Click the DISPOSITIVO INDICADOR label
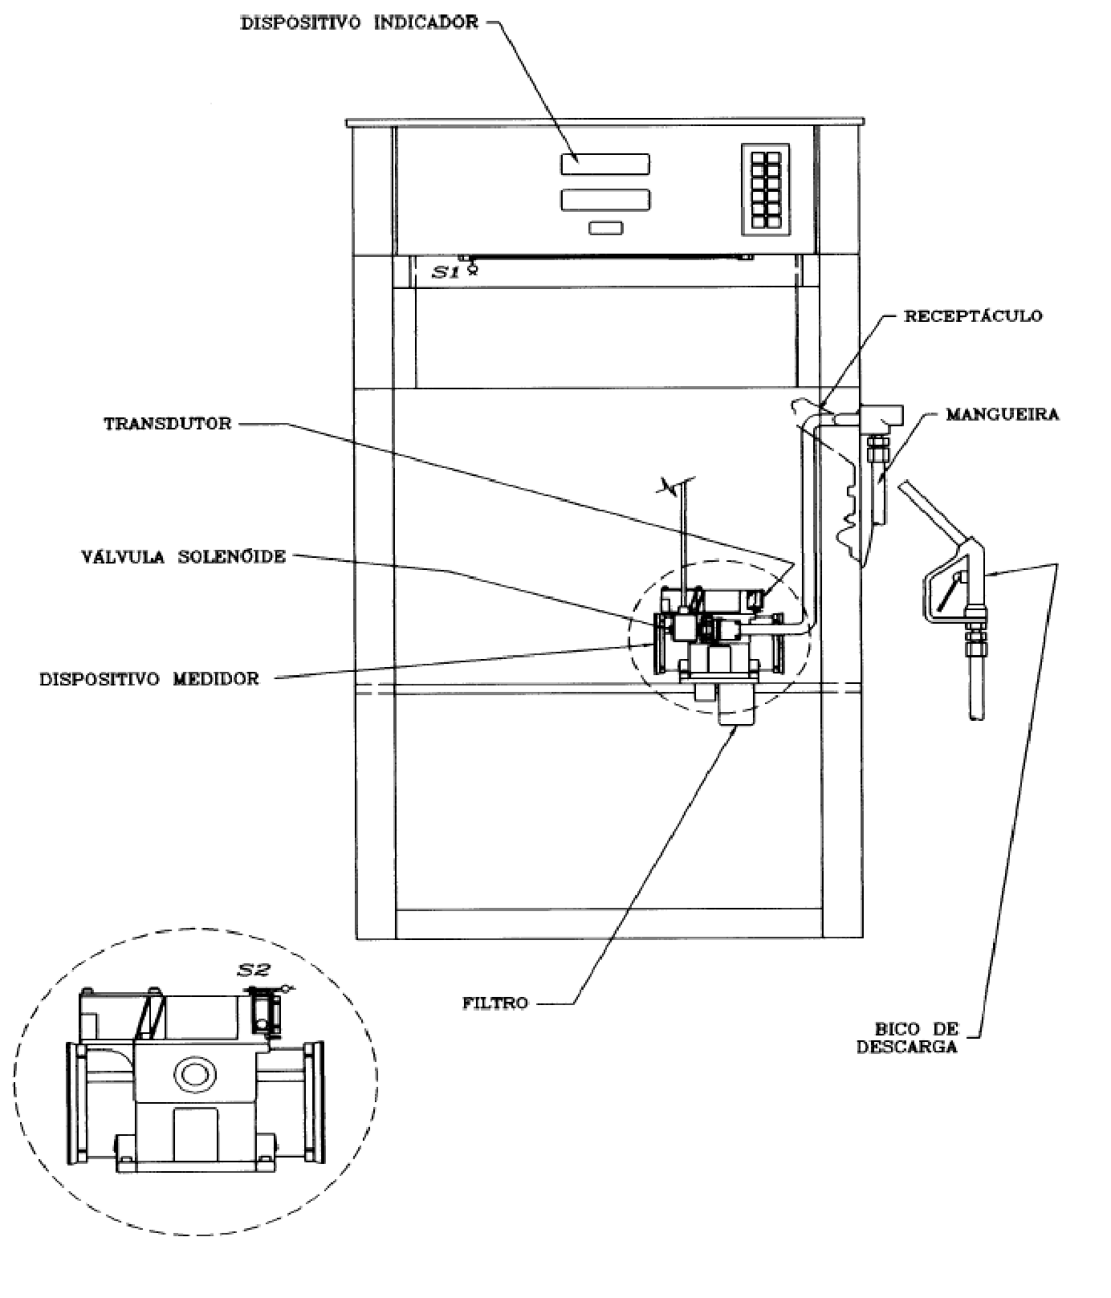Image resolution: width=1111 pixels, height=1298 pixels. pos(360,22)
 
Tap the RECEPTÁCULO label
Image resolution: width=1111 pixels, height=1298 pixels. pos(973,315)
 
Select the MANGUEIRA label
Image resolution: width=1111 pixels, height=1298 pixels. pos(1002,415)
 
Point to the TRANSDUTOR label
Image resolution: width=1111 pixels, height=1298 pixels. pos(168,423)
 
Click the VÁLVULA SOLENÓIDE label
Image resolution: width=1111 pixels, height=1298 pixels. pos(183,557)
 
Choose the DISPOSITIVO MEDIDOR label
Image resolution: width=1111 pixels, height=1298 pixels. pos(150,679)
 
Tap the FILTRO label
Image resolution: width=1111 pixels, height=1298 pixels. pos(495,1003)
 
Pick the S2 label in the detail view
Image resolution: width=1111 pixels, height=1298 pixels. pos(254,970)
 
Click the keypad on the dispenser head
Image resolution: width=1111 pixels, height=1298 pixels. pos(765,189)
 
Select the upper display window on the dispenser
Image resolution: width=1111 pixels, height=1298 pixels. pos(605,165)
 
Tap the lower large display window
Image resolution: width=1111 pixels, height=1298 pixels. pos(605,201)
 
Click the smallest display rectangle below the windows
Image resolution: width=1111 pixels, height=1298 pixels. pos(605,229)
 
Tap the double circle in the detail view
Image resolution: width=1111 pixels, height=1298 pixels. pos(195,1074)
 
